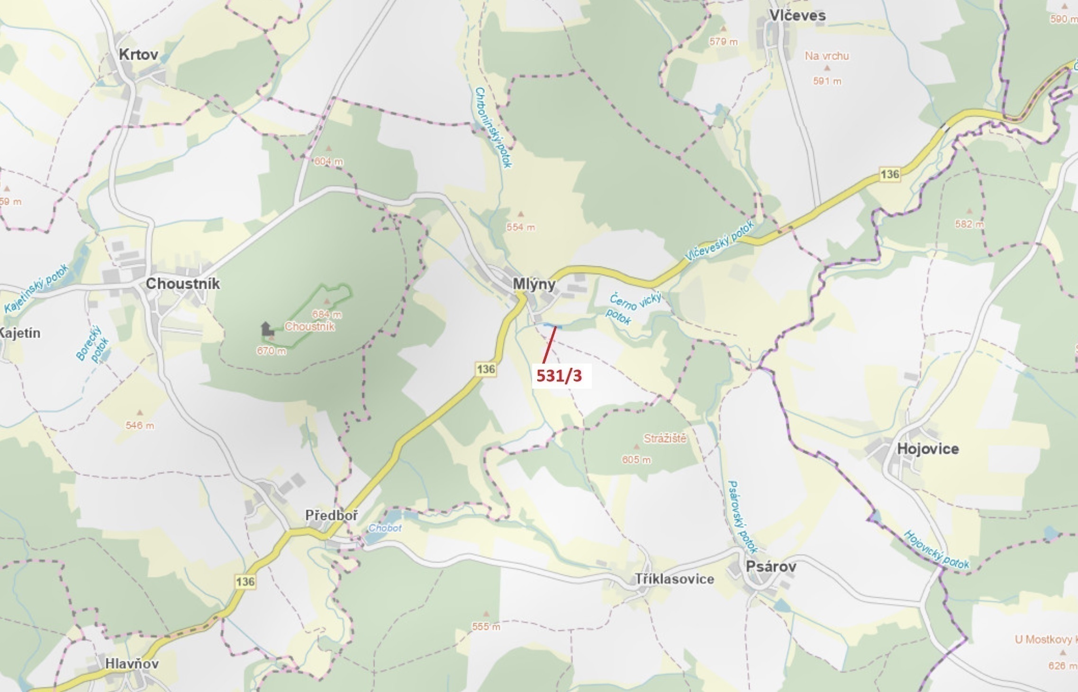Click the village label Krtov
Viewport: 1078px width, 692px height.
click(138, 54)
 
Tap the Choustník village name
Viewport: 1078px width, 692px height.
click(182, 283)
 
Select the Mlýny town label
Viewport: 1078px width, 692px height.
click(534, 284)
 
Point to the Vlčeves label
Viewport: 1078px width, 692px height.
click(797, 15)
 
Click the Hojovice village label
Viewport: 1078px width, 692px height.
click(928, 448)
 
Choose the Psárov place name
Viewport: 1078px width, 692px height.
click(771, 566)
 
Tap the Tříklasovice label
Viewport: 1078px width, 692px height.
click(674, 579)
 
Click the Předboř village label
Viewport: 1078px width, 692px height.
click(332, 515)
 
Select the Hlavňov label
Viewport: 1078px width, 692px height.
click(132, 664)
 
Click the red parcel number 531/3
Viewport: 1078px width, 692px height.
click(559, 376)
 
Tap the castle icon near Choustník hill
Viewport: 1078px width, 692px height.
click(267, 328)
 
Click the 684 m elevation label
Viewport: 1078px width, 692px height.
click(326, 314)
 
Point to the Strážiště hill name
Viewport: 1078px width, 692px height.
click(665, 438)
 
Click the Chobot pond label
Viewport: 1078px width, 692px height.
click(385, 528)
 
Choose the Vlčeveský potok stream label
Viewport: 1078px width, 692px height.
click(719, 241)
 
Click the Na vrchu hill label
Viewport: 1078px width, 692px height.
click(827, 56)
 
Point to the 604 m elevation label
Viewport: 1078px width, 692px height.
click(328, 161)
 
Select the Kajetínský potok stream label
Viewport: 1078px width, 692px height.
click(37, 289)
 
